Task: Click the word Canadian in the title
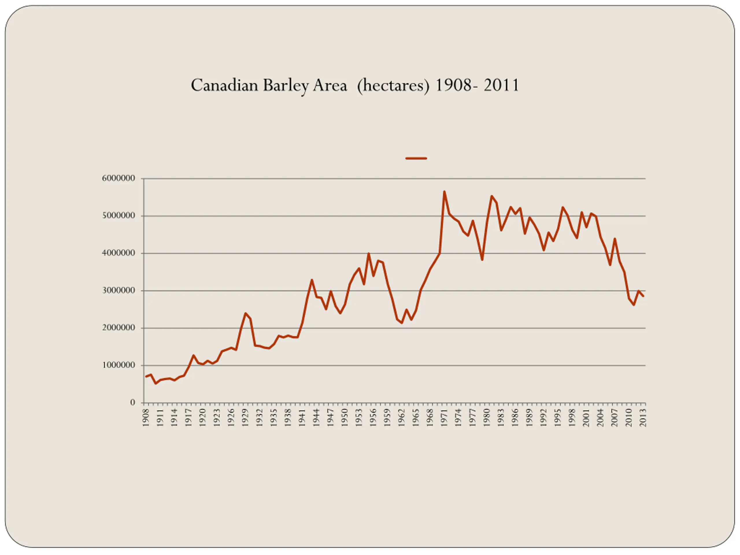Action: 225,85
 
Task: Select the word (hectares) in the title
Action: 393,86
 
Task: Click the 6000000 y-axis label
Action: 119,178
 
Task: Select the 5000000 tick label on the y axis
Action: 119,216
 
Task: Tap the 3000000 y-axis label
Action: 119,291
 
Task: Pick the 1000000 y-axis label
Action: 119,365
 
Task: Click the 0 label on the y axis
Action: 133,402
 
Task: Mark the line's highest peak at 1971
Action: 444,192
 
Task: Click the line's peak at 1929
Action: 245,313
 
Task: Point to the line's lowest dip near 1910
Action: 156,383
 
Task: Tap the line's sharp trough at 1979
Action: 482,260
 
